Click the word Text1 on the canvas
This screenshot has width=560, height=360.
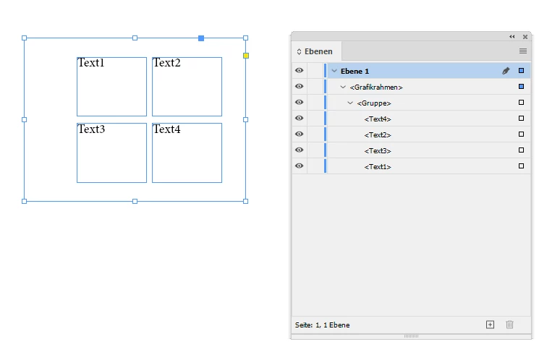tap(91, 63)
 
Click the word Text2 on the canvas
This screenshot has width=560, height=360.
tap(166, 63)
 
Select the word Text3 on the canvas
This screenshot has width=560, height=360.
tap(91, 129)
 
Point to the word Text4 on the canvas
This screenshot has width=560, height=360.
tap(166, 129)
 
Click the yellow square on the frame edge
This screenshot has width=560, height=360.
tap(246, 56)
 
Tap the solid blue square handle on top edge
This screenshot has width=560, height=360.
tap(201, 38)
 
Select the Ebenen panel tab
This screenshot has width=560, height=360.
tap(315, 51)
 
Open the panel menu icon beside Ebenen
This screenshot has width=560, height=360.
tap(523, 51)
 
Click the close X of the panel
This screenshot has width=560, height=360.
tap(525, 36)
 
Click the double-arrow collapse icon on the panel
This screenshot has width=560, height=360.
tap(512, 36)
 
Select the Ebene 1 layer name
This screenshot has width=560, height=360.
tap(355, 71)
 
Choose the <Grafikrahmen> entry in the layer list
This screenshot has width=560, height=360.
tap(376, 87)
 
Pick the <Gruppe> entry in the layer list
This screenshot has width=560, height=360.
tap(374, 103)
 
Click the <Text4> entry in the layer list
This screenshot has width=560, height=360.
tap(378, 119)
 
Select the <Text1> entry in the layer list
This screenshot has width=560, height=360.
tap(378, 167)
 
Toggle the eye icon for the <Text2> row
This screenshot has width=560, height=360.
tap(300, 135)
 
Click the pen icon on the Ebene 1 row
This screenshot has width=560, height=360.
tap(506, 71)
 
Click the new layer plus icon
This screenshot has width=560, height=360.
tap(490, 325)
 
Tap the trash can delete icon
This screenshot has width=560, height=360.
tap(509, 325)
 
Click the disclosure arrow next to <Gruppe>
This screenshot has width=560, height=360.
tap(350, 103)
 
